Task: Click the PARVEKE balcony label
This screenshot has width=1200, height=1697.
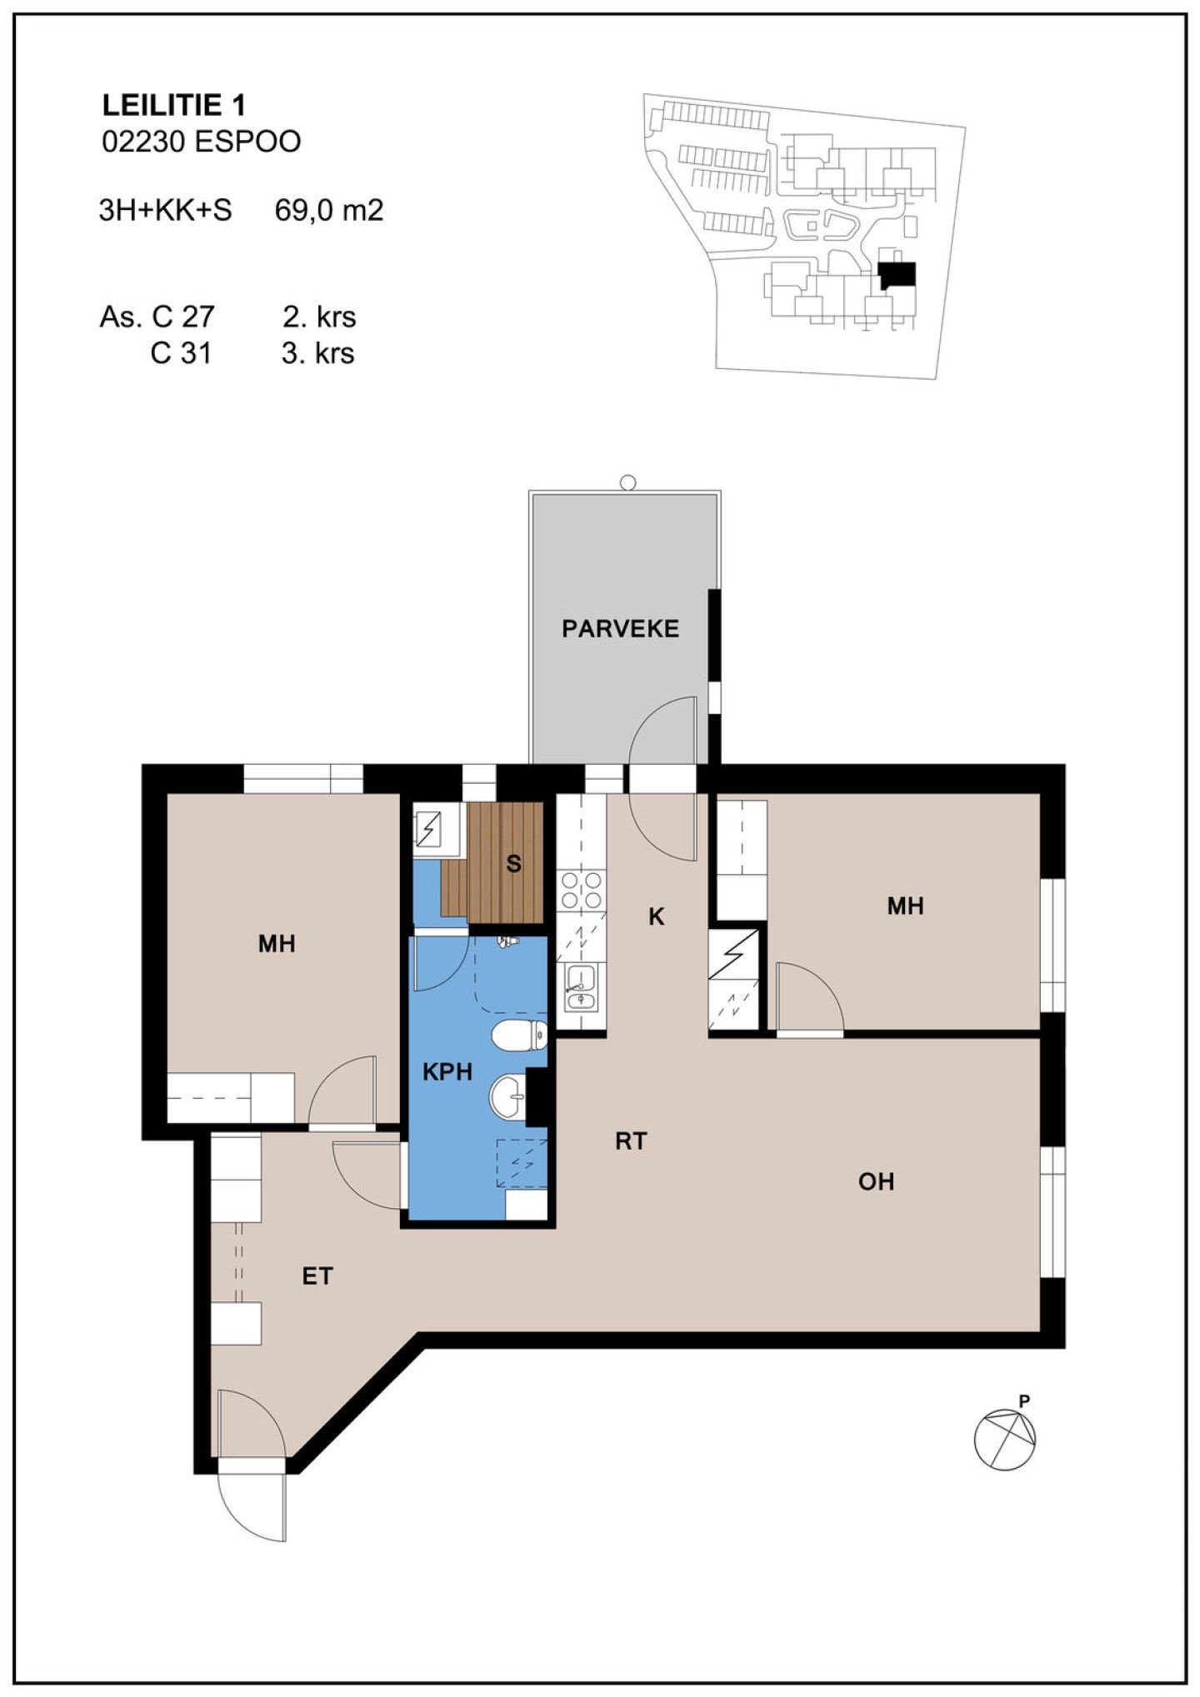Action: click(620, 628)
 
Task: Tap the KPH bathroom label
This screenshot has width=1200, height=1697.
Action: click(447, 1071)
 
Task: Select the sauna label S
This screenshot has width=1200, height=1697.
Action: click(513, 864)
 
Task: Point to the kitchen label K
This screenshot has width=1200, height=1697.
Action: click(657, 916)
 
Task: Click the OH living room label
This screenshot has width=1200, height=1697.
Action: click(876, 1181)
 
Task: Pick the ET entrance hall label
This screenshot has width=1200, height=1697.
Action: click(317, 1275)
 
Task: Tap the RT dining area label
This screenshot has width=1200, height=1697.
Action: click(631, 1140)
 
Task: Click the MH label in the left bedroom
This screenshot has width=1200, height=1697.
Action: click(277, 943)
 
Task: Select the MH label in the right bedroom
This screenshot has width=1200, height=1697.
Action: click(905, 906)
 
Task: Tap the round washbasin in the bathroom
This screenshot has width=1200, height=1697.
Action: click(507, 1097)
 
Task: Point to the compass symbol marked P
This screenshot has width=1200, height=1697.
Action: click(1006, 1439)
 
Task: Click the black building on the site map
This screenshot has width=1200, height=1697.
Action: click(897, 275)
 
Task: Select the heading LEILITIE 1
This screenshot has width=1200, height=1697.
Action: click(173, 105)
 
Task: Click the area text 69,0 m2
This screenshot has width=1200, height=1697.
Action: click(329, 210)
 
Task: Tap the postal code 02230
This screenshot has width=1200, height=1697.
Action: click(142, 142)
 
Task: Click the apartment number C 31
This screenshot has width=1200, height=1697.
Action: click(181, 353)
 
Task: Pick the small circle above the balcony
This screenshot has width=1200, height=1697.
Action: click(628, 482)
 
